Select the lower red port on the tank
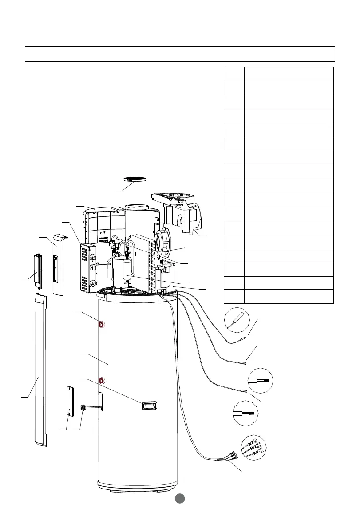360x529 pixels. click(x=101, y=380)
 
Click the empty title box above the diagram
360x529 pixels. click(x=179, y=54)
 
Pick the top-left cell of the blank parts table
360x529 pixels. click(x=233, y=74)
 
